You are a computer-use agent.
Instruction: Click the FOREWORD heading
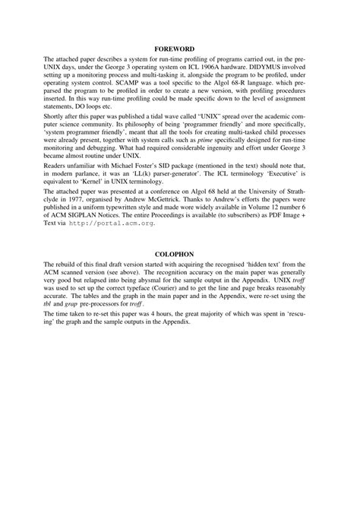pyautogui.click(x=180, y=48)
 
